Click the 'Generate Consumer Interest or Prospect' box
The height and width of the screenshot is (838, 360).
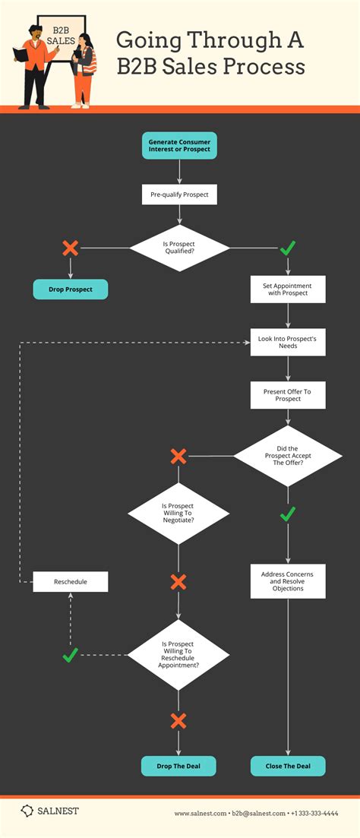tap(179, 145)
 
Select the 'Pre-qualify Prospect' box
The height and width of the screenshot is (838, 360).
tap(179, 194)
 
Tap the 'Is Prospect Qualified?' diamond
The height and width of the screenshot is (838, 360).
tap(179, 248)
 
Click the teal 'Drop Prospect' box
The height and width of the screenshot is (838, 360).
tap(70, 289)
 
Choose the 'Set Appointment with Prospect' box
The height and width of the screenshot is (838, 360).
tap(288, 289)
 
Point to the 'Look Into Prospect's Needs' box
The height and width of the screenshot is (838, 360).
tap(288, 342)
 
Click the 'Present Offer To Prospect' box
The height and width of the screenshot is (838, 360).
tap(288, 394)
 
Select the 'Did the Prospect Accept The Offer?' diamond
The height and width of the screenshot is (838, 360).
tap(288, 456)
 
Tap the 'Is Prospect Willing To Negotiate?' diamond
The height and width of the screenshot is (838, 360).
tap(178, 514)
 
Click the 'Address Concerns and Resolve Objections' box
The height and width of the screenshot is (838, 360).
tap(288, 581)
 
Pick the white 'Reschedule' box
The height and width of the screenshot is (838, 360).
tap(70, 582)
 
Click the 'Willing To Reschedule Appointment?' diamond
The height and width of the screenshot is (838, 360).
tap(178, 654)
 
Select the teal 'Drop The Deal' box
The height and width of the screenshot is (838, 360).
tap(178, 766)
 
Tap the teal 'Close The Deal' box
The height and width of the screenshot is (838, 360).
tap(288, 766)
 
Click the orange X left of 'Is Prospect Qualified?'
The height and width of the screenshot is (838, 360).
tap(70, 248)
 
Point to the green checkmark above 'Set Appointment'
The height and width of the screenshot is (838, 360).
tap(288, 248)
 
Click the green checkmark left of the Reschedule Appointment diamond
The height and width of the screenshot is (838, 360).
tap(70, 654)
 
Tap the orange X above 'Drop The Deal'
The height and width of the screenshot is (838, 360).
tap(178, 720)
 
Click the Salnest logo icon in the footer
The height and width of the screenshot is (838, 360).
tap(27, 811)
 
